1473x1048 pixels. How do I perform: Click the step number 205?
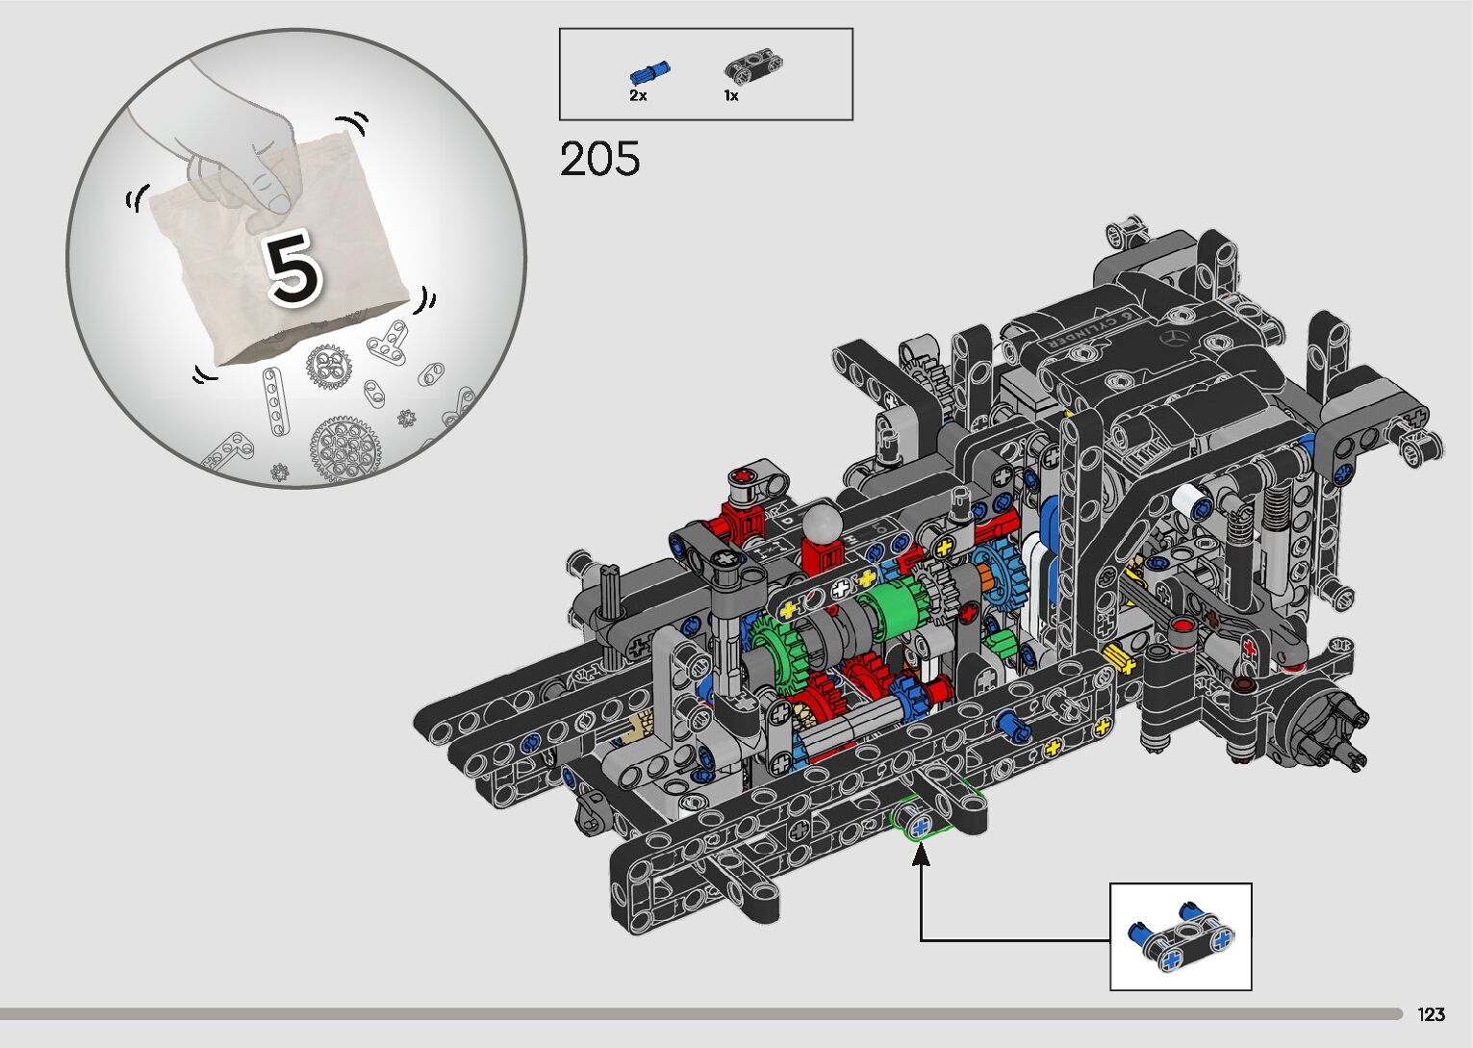(x=599, y=159)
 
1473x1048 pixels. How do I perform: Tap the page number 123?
(x=1431, y=1013)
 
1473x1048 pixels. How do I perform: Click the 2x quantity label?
(x=638, y=96)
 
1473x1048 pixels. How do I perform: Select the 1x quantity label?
(x=731, y=96)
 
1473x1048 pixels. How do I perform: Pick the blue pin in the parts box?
(x=649, y=73)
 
